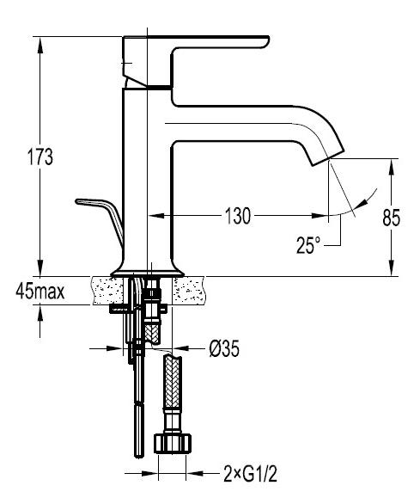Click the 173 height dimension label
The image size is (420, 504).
[40, 157]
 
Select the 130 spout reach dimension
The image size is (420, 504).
[238, 216]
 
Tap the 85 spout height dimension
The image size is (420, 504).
[391, 218]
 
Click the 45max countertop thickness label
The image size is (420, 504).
[40, 292]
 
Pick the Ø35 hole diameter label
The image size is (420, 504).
[224, 348]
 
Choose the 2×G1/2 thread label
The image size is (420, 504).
[251, 474]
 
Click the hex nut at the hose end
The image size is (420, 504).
[173, 444]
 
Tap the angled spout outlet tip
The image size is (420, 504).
[327, 157]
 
